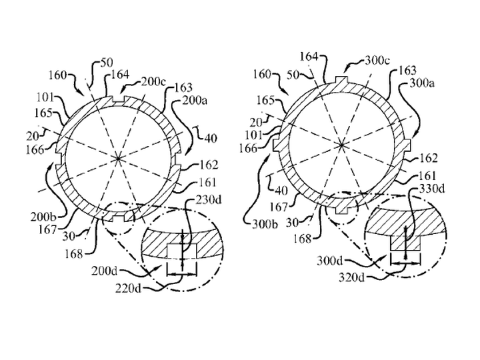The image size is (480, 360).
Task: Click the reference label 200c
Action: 153,82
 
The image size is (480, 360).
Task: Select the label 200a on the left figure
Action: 195,100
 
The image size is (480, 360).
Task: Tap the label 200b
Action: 43,217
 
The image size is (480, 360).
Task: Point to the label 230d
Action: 209,200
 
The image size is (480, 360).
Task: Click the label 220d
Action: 128,288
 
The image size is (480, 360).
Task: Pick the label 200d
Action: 104,271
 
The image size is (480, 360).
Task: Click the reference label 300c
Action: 377,61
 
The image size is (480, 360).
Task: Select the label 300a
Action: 422,83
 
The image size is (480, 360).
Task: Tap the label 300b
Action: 265,225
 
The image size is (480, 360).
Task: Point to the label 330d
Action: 431,189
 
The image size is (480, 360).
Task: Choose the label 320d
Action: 351,277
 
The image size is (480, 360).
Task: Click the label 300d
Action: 330,261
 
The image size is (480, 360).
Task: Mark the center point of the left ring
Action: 118,158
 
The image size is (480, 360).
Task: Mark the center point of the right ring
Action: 341,145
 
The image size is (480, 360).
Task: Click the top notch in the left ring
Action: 119,100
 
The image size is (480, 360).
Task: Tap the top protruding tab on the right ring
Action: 341,79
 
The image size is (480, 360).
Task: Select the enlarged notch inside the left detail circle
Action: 181,250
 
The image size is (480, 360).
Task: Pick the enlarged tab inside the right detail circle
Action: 405,243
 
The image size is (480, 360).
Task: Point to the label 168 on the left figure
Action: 74,253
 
